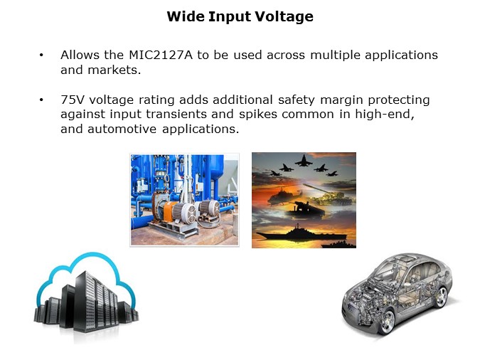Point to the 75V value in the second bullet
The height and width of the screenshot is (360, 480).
click(72, 100)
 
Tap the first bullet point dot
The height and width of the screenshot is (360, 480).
click(41, 55)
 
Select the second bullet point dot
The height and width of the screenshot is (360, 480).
click(41, 100)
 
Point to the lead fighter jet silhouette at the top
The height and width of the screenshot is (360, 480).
click(304, 162)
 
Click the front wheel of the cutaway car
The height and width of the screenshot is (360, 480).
click(385, 322)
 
